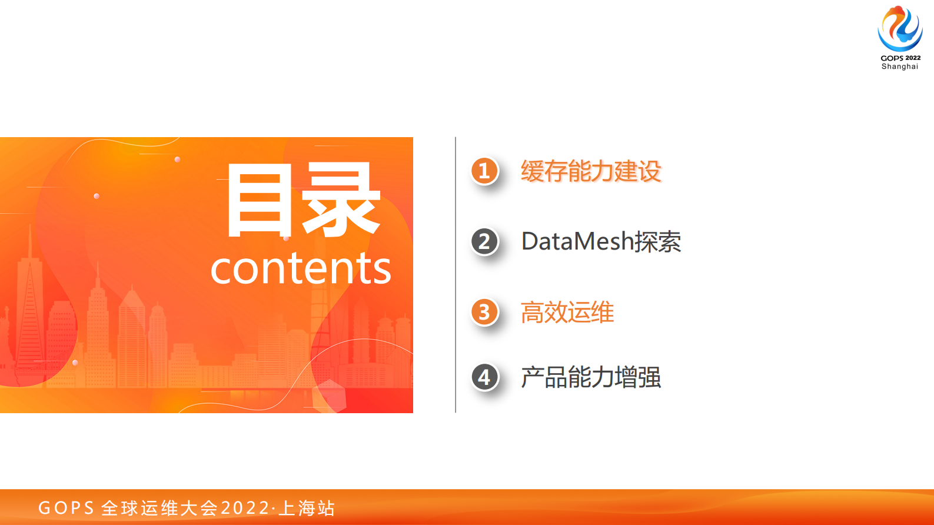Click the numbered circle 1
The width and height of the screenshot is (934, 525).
(484, 171)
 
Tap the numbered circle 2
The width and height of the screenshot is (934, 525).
(484, 241)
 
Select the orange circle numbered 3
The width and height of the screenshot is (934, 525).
(484, 312)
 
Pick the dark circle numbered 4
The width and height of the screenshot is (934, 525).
(484, 377)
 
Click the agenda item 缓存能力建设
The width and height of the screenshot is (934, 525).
(591, 171)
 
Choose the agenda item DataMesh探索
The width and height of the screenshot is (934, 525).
(601, 242)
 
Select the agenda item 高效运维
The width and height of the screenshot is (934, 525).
(567, 313)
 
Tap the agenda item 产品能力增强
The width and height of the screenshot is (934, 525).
(591, 377)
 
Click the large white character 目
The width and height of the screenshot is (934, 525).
(260, 201)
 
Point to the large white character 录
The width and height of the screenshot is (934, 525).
(341, 201)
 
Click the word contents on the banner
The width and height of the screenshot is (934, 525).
(301, 268)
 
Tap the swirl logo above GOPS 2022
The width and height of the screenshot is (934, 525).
(900, 29)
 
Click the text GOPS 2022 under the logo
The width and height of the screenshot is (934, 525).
(900, 58)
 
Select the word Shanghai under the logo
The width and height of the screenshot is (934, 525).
(900, 67)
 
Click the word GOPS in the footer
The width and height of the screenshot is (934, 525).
(66, 508)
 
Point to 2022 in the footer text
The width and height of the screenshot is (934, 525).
(245, 508)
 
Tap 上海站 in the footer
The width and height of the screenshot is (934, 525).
(307, 508)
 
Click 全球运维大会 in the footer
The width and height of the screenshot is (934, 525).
(160, 508)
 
